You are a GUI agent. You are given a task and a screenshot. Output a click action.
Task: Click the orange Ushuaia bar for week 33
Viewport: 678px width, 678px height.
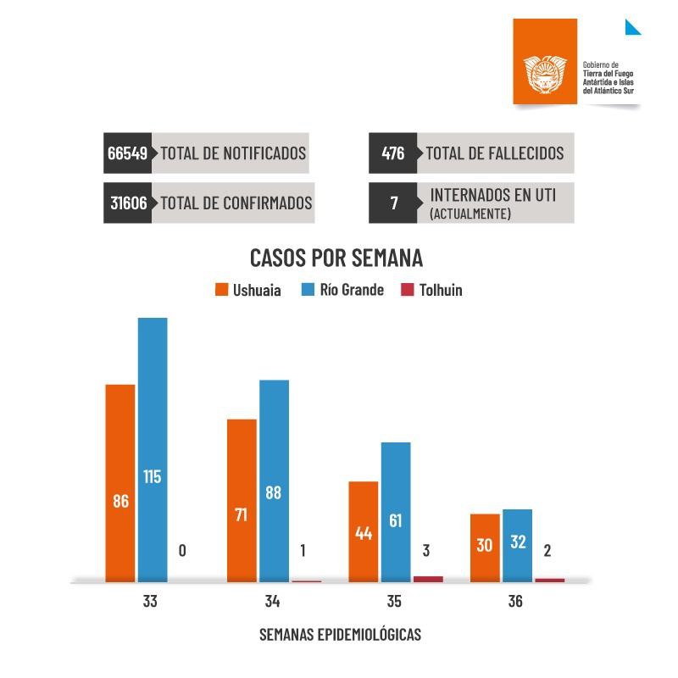119,483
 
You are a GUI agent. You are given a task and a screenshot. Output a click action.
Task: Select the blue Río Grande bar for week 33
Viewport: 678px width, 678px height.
153,449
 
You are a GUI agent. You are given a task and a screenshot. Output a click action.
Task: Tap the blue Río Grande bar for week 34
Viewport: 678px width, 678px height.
274,481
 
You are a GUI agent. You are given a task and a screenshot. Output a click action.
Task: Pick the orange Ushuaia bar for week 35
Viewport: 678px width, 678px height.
364,531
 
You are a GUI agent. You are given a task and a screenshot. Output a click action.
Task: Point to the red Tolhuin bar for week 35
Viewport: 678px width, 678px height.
428,579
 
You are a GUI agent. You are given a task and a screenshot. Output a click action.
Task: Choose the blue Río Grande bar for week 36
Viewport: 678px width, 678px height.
517,545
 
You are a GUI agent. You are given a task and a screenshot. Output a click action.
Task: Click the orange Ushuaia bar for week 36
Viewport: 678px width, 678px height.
485,547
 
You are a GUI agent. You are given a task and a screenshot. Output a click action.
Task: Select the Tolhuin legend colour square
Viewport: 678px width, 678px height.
407,290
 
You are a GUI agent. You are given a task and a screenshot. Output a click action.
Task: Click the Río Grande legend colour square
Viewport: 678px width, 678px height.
309,290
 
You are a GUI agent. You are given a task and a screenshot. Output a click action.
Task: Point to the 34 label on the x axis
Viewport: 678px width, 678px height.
272,603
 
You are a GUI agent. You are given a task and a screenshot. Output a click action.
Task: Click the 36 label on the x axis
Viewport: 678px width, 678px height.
515,603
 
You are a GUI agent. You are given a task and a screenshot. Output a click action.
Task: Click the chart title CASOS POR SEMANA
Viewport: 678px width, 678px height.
336,258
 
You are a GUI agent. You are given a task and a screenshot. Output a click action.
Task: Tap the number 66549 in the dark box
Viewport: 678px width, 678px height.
128,153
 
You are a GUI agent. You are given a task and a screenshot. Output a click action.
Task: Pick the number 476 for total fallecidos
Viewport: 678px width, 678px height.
393,153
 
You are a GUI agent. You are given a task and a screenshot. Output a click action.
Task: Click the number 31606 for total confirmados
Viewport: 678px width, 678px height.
129,203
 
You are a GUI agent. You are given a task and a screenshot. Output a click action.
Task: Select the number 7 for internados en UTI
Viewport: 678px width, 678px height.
393,203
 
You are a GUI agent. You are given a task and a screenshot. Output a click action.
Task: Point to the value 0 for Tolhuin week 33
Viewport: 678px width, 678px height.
183,551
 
